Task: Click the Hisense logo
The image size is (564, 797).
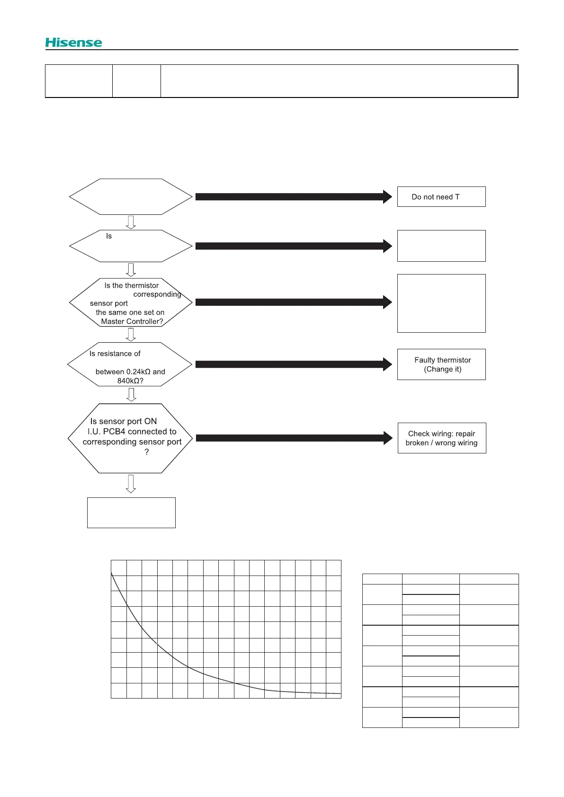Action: (x=73, y=43)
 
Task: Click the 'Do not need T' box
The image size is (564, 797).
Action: (x=441, y=197)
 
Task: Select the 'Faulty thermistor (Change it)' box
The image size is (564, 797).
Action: (x=441, y=364)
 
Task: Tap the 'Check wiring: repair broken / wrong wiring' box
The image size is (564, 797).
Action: (x=441, y=438)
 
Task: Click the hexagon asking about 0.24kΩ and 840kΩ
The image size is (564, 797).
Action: (x=130, y=364)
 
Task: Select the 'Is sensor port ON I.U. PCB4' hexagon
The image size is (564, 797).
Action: (x=130, y=438)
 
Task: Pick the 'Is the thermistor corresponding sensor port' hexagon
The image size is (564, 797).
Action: (x=131, y=302)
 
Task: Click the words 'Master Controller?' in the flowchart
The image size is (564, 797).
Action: (x=132, y=321)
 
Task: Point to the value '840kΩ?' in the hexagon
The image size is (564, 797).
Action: (x=130, y=381)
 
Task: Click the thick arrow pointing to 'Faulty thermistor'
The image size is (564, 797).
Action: (x=293, y=364)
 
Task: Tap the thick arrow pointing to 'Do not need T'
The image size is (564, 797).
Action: (x=293, y=197)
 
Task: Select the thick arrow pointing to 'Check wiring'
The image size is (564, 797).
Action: (x=294, y=438)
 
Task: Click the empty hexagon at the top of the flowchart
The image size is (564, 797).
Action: (x=131, y=197)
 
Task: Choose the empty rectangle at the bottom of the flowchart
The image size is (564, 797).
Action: (x=131, y=513)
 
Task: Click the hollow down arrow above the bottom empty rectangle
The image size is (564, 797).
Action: (x=131, y=484)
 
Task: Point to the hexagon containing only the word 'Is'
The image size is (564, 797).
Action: (x=131, y=246)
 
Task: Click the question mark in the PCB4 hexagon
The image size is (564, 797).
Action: (x=147, y=452)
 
